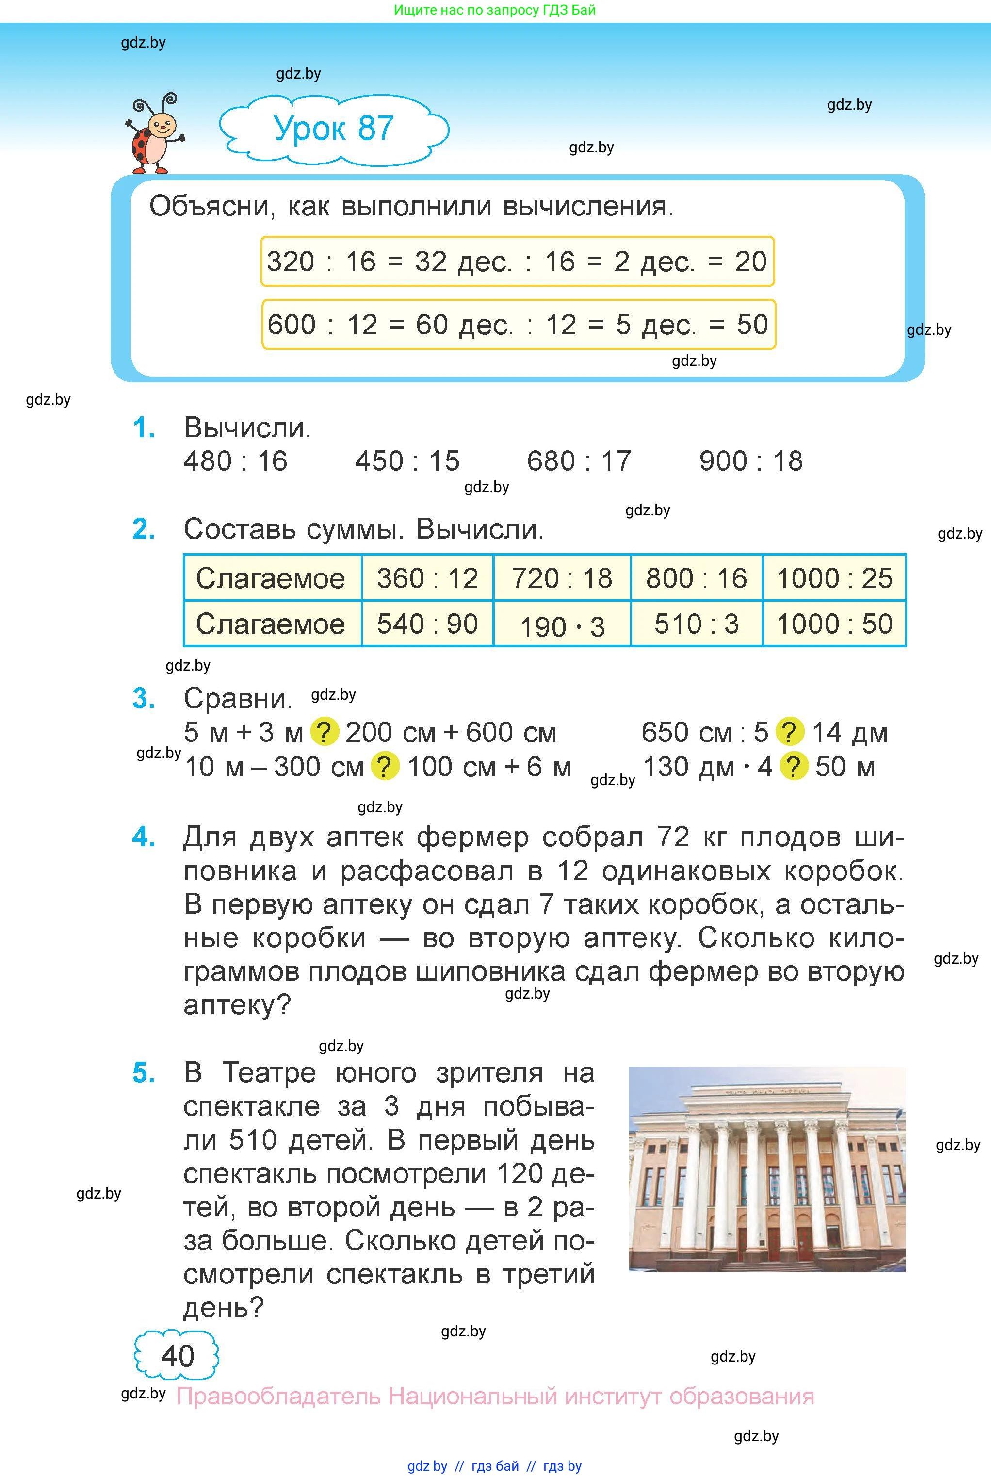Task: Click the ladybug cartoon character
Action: [x=154, y=134]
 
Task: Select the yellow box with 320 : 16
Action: [x=517, y=262]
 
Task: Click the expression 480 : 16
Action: [x=235, y=461]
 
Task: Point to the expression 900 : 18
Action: [x=751, y=461]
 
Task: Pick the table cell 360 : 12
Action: [x=427, y=578]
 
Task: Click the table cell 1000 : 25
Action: [x=834, y=578]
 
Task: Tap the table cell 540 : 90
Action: [x=427, y=624]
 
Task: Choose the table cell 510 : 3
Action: [x=697, y=624]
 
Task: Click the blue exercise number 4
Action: [x=144, y=837]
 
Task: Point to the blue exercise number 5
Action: [x=144, y=1072]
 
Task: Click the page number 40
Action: [x=177, y=1356]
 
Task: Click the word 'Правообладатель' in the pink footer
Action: [x=279, y=1396]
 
